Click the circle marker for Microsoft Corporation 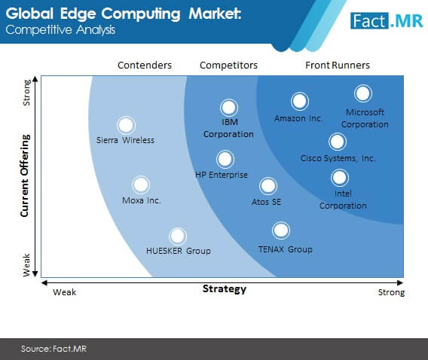click(362, 93)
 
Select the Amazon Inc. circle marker click(299, 101)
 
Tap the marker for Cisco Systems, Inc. click(338, 142)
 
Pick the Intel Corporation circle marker click(340, 178)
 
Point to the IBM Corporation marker click(229, 108)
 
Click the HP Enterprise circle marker click(225, 159)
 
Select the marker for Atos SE click(268, 186)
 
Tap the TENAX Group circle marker click(281, 230)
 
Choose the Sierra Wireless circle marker click(126, 125)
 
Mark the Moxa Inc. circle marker click(141, 185)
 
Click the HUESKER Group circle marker click(177, 236)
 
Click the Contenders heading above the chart click(145, 66)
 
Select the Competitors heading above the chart click(229, 66)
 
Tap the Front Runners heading click(338, 66)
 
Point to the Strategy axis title click(225, 288)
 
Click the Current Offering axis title click(25, 175)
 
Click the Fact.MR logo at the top click(387, 21)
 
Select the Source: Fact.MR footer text click(53, 349)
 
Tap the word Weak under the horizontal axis click(64, 292)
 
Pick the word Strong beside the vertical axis click(26, 93)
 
